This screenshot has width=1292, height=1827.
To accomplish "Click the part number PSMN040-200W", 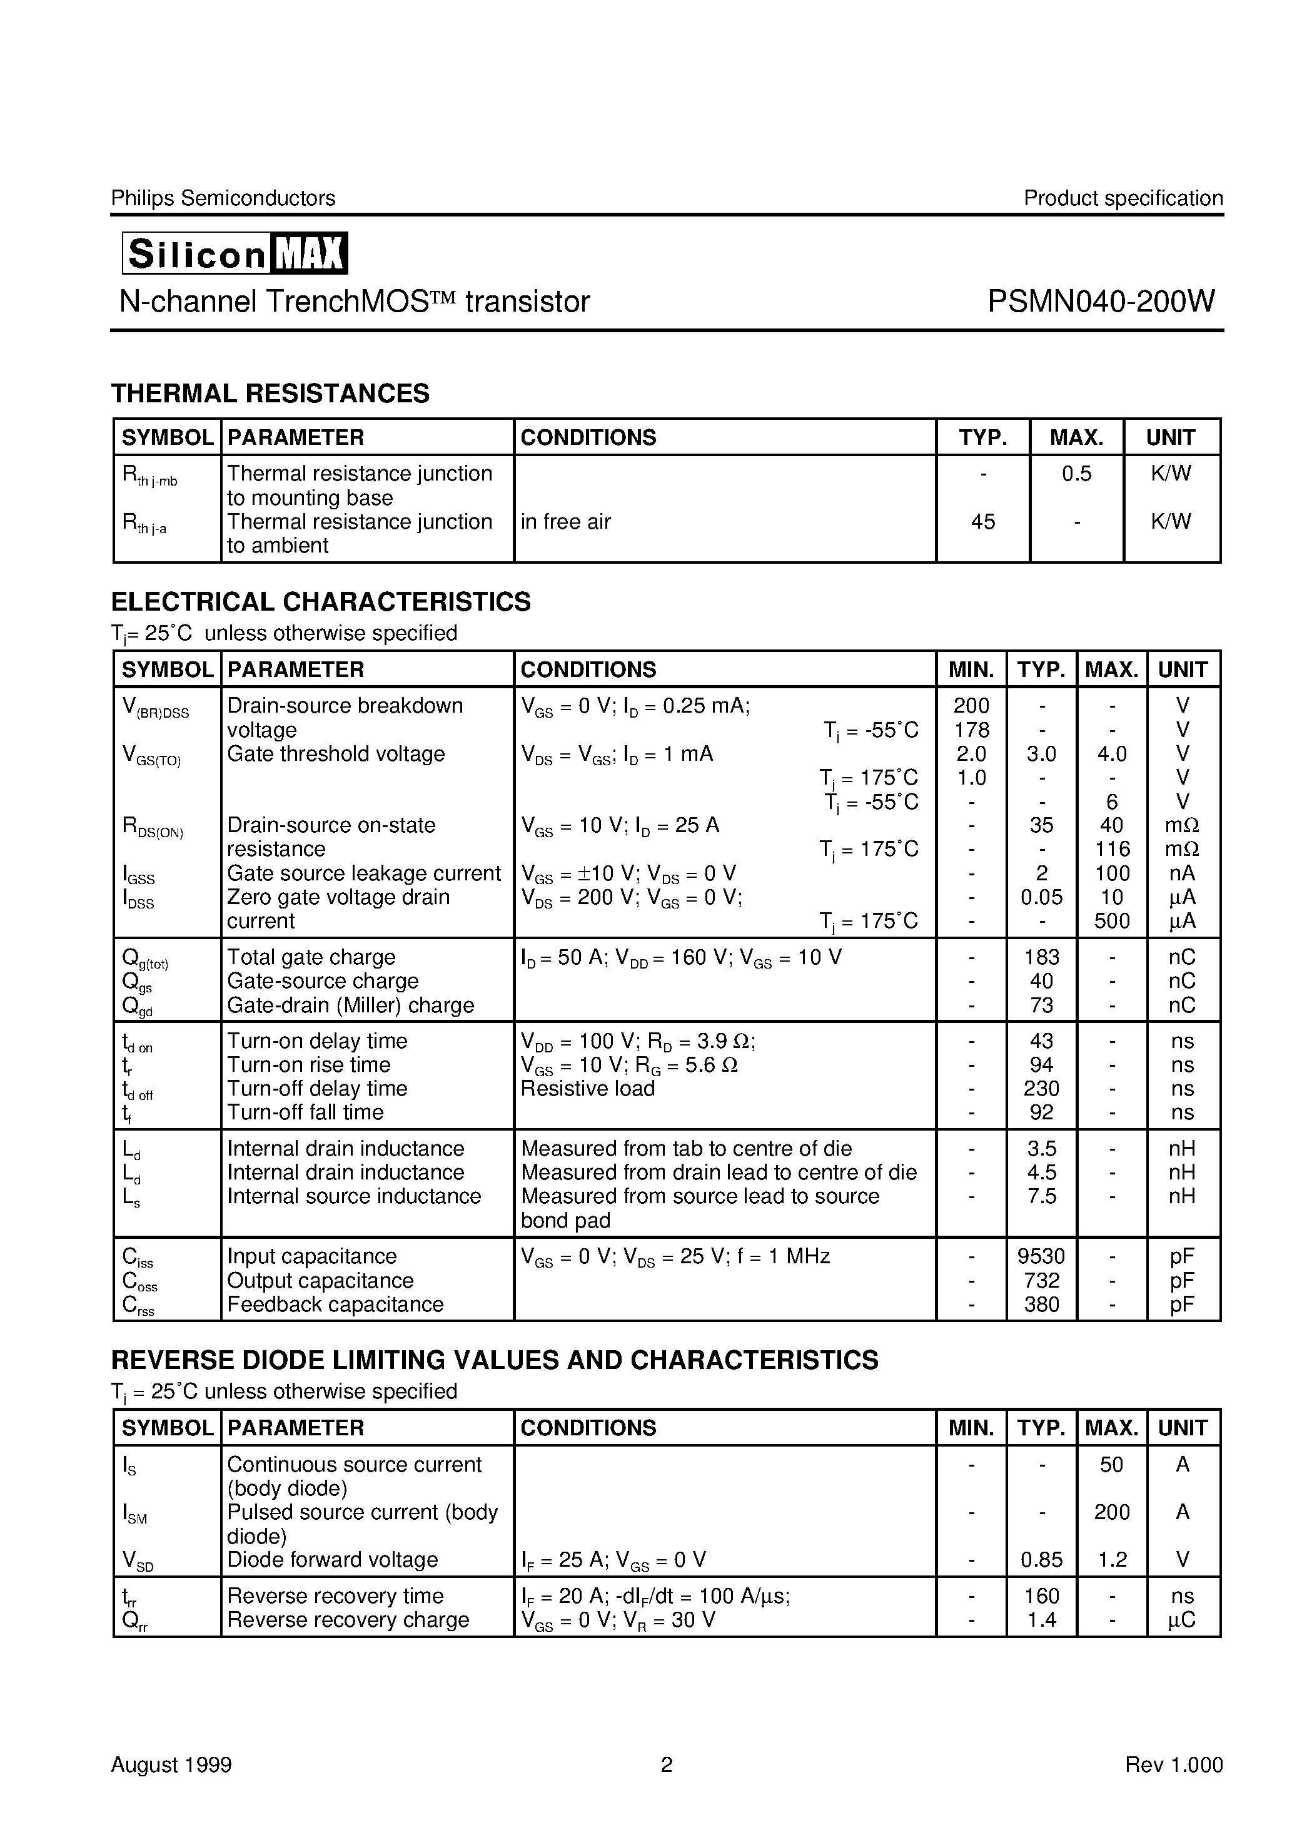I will click(1101, 302).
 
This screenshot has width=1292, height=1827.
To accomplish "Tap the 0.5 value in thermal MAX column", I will click(1076, 474).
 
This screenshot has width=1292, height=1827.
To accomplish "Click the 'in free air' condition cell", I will click(566, 522).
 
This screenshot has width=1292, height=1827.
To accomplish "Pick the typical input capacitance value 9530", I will click(1041, 1256).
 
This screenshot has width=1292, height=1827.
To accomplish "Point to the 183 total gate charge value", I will click(1041, 957).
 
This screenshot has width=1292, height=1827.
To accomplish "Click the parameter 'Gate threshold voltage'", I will click(336, 753).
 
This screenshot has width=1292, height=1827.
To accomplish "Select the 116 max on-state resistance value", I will click(1111, 849).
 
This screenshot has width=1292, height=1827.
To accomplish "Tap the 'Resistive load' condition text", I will click(587, 1089).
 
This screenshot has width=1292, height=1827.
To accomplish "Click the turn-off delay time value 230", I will click(1041, 1089).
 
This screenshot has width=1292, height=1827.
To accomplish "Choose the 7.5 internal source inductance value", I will click(1041, 1196).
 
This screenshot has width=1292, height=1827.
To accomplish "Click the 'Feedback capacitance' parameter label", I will click(335, 1304).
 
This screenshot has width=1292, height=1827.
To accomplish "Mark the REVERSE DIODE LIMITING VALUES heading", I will click(494, 1360).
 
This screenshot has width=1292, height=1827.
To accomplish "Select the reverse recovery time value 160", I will click(1041, 1595).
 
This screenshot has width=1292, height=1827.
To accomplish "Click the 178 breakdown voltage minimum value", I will click(971, 730).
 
